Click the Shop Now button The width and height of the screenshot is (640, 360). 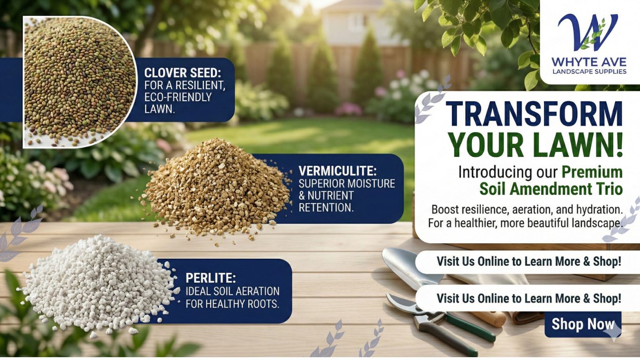click(582, 324)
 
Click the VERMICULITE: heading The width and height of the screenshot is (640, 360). click(337, 171)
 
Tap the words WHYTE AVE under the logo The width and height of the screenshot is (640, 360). click(588, 61)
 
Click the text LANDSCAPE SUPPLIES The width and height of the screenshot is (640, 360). click(589, 72)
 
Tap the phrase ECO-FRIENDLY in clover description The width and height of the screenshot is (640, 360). click(178, 97)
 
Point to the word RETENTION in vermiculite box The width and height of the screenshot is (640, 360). click(326, 207)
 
